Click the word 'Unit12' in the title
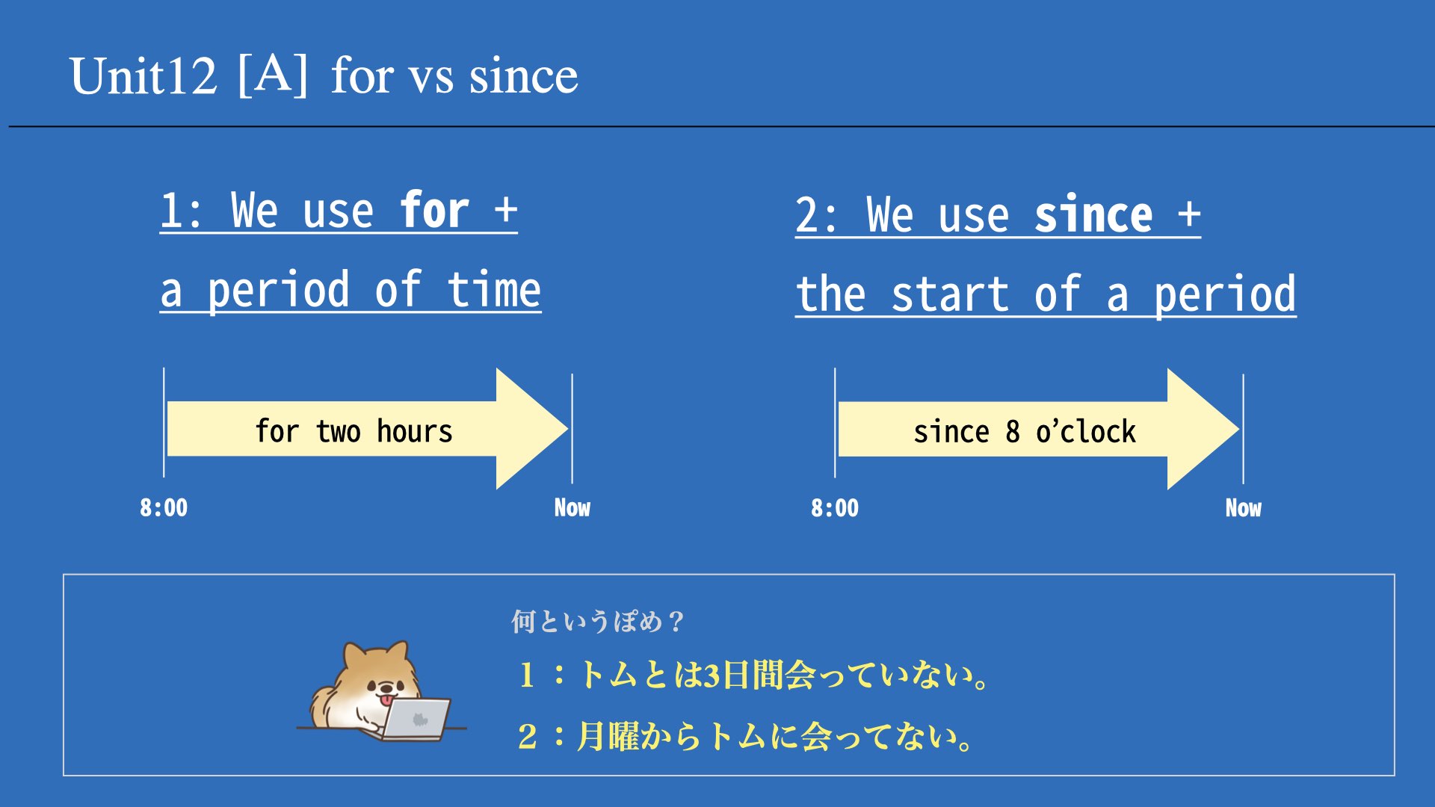point(143,75)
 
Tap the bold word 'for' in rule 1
point(434,210)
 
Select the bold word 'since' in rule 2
point(1093,215)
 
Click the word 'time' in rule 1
point(494,290)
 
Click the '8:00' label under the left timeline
point(164,508)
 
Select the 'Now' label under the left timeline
point(572,508)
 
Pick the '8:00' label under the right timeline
point(835,508)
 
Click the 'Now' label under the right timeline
point(1243,508)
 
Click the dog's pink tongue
point(386,701)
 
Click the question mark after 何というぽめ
point(676,622)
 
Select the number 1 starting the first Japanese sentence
point(527,675)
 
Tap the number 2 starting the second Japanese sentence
point(527,737)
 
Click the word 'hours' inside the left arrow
point(415,431)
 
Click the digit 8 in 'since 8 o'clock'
point(1013,432)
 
